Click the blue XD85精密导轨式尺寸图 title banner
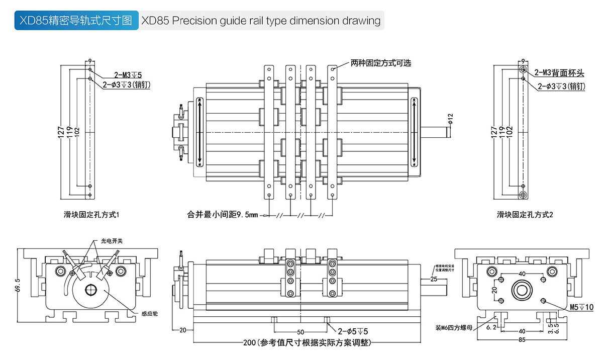(x=75, y=21)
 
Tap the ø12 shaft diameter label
(x=451, y=119)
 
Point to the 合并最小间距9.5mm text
(x=222, y=215)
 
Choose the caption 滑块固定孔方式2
(x=525, y=215)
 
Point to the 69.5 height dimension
(x=18, y=287)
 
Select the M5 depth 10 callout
(x=581, y=307)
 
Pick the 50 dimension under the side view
(x=300, y=332)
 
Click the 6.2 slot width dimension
(x=492, y=327)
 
